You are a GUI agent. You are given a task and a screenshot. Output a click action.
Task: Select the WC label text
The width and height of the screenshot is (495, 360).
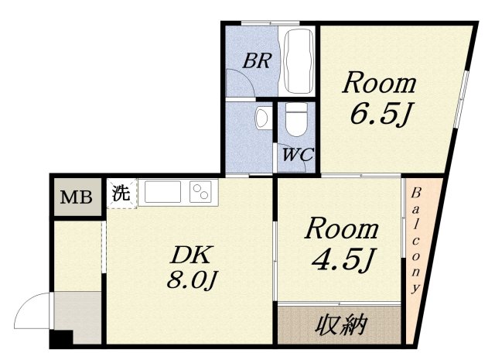point(297,154)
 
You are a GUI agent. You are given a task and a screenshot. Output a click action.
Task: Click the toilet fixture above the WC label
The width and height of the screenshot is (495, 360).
point(295,121)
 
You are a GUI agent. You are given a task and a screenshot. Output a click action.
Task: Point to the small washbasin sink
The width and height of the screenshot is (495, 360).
point(262,118)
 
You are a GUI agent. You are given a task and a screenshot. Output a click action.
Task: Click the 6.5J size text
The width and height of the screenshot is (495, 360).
point(378,115)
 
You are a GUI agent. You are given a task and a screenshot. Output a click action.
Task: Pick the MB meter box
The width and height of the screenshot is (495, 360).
point(77,197)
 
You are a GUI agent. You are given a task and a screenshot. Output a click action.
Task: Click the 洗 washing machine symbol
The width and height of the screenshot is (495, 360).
point(121,193)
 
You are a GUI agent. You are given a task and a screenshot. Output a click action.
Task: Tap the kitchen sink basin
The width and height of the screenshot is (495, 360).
point(162,191)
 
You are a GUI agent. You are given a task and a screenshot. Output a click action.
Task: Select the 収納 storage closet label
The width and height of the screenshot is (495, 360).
point(340,325)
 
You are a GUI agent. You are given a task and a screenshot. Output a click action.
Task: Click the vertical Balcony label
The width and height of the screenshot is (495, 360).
point(415,239)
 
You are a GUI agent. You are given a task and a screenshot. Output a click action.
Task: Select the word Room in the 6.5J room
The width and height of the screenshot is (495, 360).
point(380,82)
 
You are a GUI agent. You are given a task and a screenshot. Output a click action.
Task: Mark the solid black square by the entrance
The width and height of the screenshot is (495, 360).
point(60,338)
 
